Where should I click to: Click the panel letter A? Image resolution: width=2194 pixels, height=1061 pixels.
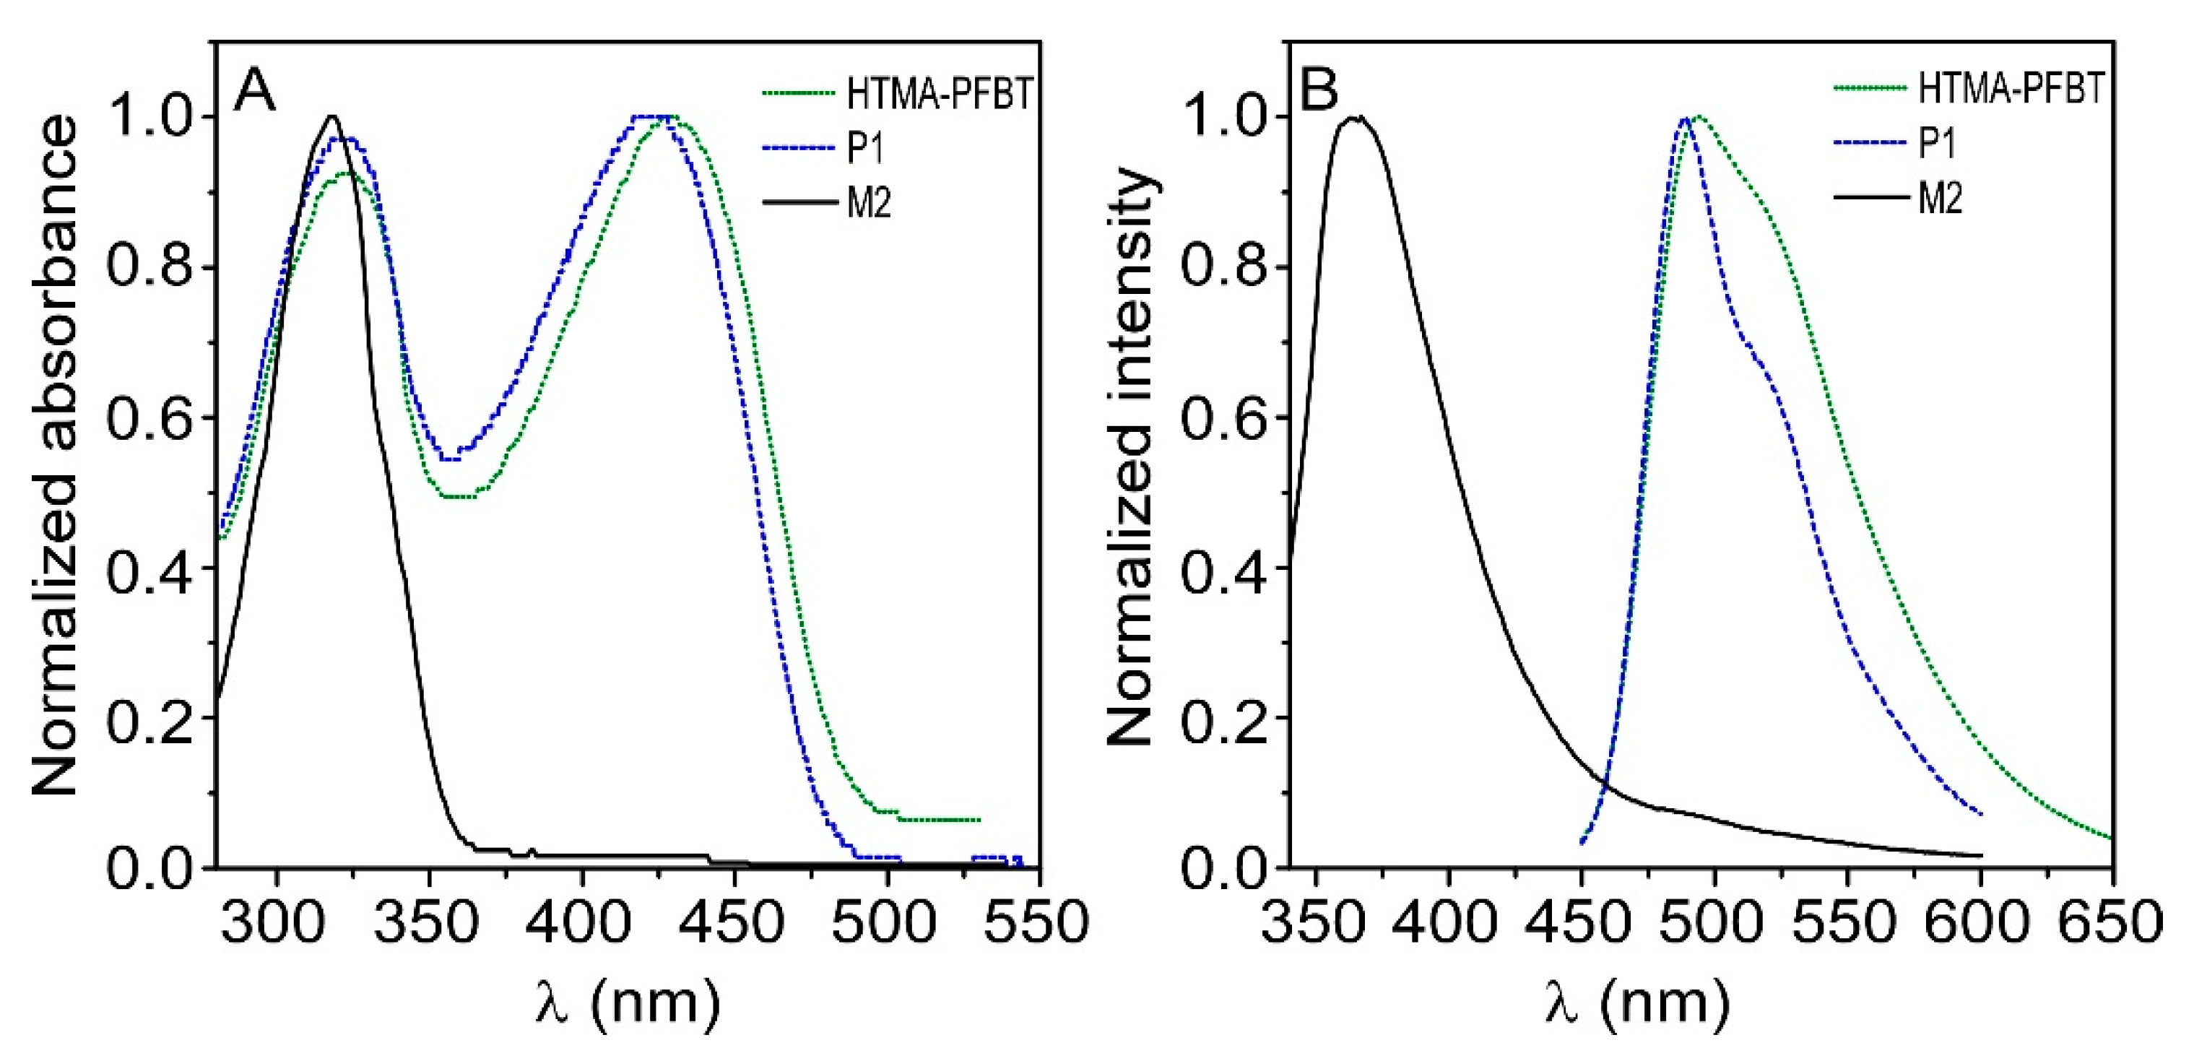tap(256, 90)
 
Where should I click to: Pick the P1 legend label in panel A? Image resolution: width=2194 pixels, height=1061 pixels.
tap(865, 149)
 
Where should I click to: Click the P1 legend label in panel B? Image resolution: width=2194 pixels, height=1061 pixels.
tap(1937, 143)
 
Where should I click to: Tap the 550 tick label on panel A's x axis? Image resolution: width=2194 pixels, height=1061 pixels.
tap(1036, 923)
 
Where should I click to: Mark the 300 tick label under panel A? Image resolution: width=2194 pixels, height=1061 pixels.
tap(274, 923)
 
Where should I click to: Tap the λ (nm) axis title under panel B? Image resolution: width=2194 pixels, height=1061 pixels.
tap(1637, 1002)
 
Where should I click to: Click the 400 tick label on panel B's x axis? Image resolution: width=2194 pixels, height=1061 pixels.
tap(1448, 923)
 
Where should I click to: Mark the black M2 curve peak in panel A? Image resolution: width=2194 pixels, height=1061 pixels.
tap(332, 116)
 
